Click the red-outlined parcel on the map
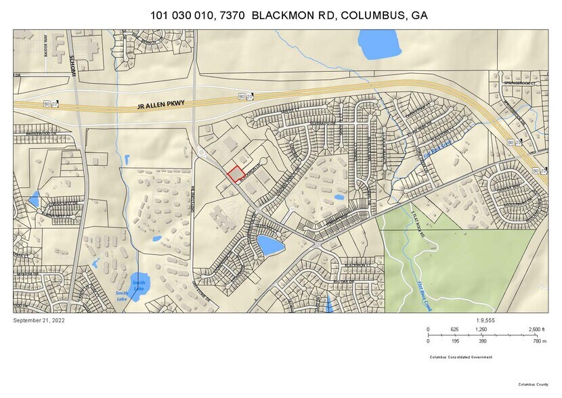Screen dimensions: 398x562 [x=236, y=175]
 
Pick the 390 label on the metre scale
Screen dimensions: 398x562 [x=482, y=342]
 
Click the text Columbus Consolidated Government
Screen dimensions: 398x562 [x=460, y=357]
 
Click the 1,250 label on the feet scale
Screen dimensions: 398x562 [x=481, y=329]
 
